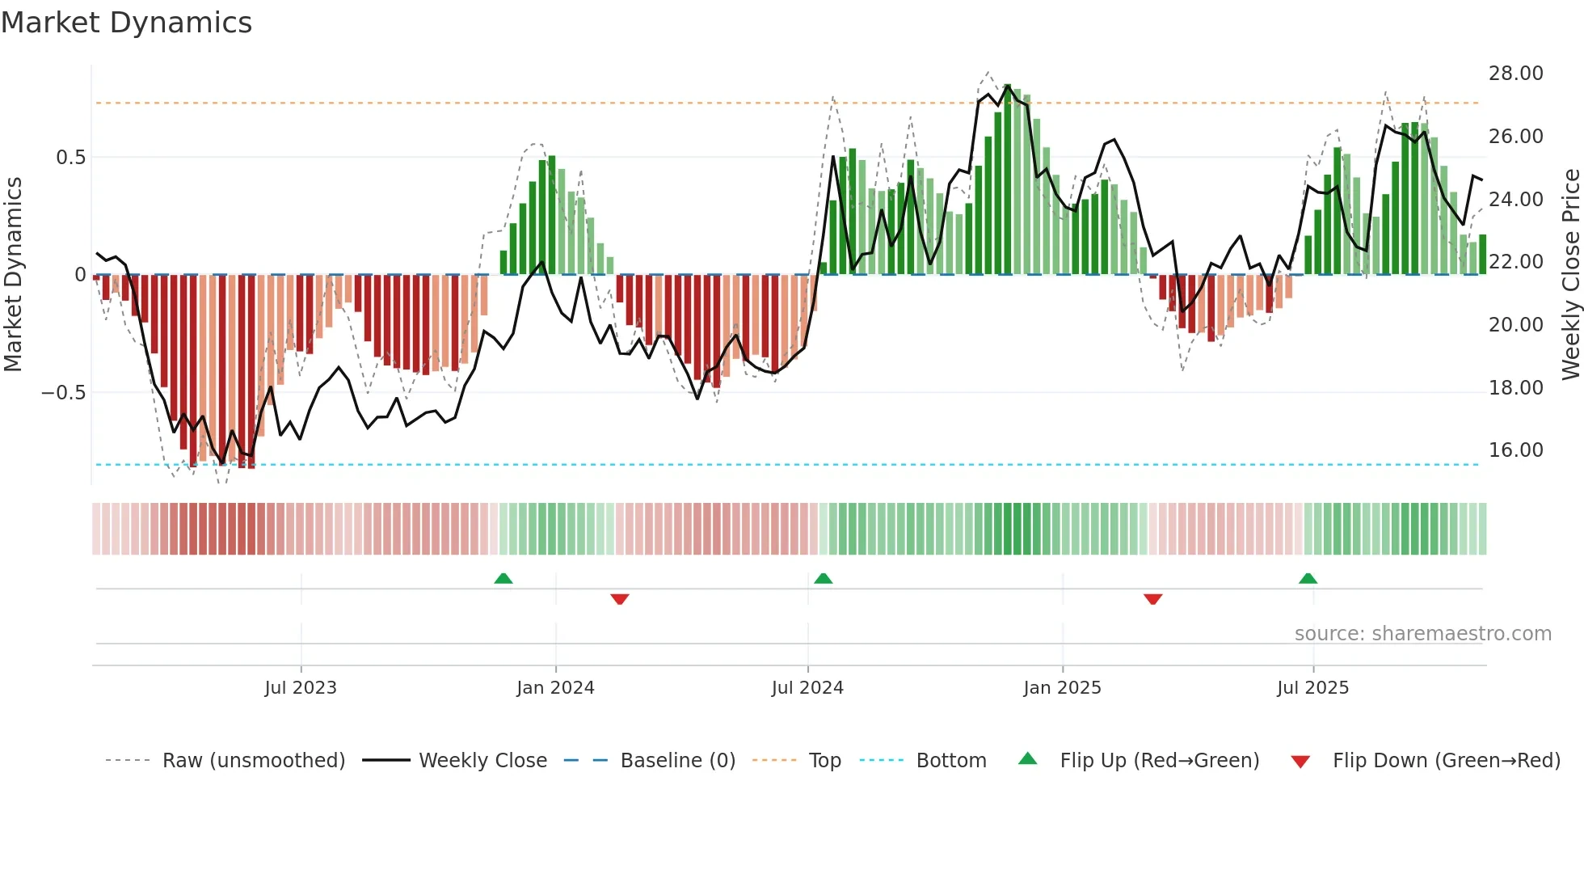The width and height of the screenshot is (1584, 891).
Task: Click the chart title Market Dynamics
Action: (126, 23)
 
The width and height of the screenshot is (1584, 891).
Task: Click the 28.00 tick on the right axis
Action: (1515, 74)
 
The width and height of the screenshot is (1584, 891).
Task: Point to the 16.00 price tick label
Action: (1515, 450)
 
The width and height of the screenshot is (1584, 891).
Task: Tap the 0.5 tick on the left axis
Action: (70, 158)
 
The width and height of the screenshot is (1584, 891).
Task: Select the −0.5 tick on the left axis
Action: (63, 393)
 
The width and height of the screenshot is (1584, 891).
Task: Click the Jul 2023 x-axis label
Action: (300, 688)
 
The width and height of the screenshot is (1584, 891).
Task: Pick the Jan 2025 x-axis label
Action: (1061, 688)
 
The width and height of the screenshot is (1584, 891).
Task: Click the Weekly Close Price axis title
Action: (1570, 274)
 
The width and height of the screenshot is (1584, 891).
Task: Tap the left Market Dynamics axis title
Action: (13, 274)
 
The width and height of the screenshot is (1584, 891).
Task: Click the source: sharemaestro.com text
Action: (1422, 634)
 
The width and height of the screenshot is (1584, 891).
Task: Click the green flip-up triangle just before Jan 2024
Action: (503, 579)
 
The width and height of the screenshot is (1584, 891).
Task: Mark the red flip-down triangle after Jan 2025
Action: (1152, 598)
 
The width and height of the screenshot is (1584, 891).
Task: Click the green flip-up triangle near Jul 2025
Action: (1308, 579)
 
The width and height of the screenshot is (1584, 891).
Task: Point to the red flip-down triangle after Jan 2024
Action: (619, 598)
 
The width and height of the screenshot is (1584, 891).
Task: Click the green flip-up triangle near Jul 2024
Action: (823, 579)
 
